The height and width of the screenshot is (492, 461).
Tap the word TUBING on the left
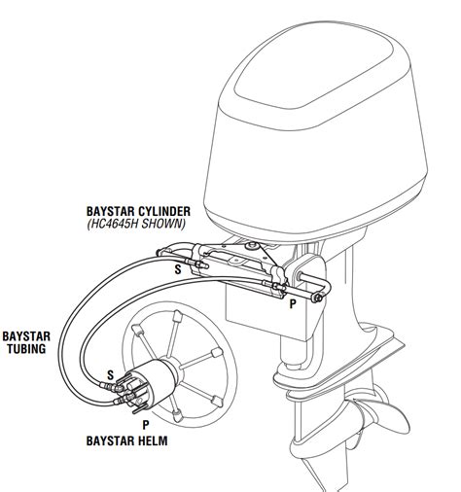[x=27, y=347]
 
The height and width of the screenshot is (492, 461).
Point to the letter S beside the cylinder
[x=176, y=269]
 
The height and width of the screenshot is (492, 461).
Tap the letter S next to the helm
[x=110, y=372]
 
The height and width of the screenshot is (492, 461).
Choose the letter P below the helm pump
[x=145, y=423]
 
